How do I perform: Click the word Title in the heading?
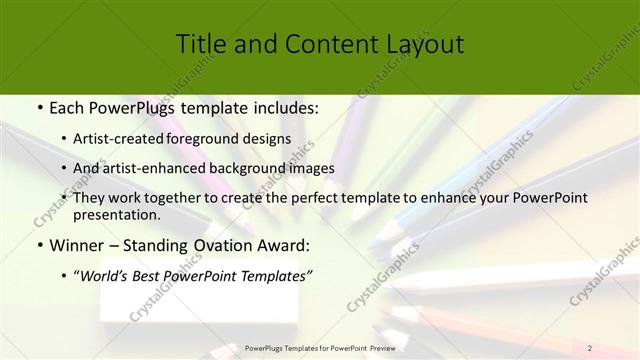[200, 44]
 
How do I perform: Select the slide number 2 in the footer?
[590, 348]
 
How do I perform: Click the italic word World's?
[107, 276]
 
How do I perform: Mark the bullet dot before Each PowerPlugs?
[37, 107]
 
